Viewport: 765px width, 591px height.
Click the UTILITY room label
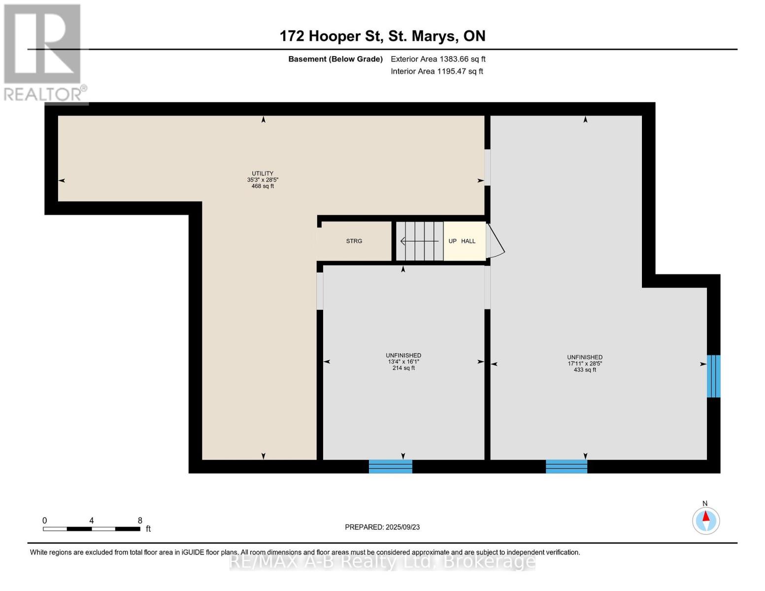tap(262, 173)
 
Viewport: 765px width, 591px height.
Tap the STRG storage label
tap(354, 241)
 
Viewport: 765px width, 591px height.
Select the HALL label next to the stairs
tap(468, 241)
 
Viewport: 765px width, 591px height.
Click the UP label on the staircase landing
tap(452, 241)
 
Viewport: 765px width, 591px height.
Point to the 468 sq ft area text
tap(262, 186)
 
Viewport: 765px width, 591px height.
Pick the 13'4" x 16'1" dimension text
tap(403, 361)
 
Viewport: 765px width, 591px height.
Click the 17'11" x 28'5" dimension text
tap(585, 363)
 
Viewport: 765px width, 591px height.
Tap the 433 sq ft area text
tap(585, 369)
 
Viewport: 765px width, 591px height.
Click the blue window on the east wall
tap(713, 376)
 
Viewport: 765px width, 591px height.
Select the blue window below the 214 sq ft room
tap(391, 466)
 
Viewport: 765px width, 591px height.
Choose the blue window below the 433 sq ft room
tap(566, 466)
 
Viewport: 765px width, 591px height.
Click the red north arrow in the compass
tap(706, 516)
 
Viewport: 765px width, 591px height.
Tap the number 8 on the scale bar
tap(140, 520)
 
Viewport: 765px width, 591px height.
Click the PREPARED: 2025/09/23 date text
tap(382, 527)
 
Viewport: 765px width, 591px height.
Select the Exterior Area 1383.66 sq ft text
tap(438, 59)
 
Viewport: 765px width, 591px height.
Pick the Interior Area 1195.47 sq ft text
tap(437, 71)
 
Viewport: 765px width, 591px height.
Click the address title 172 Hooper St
tap(332, 36)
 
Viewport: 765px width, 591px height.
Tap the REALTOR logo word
tap(43, 95)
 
